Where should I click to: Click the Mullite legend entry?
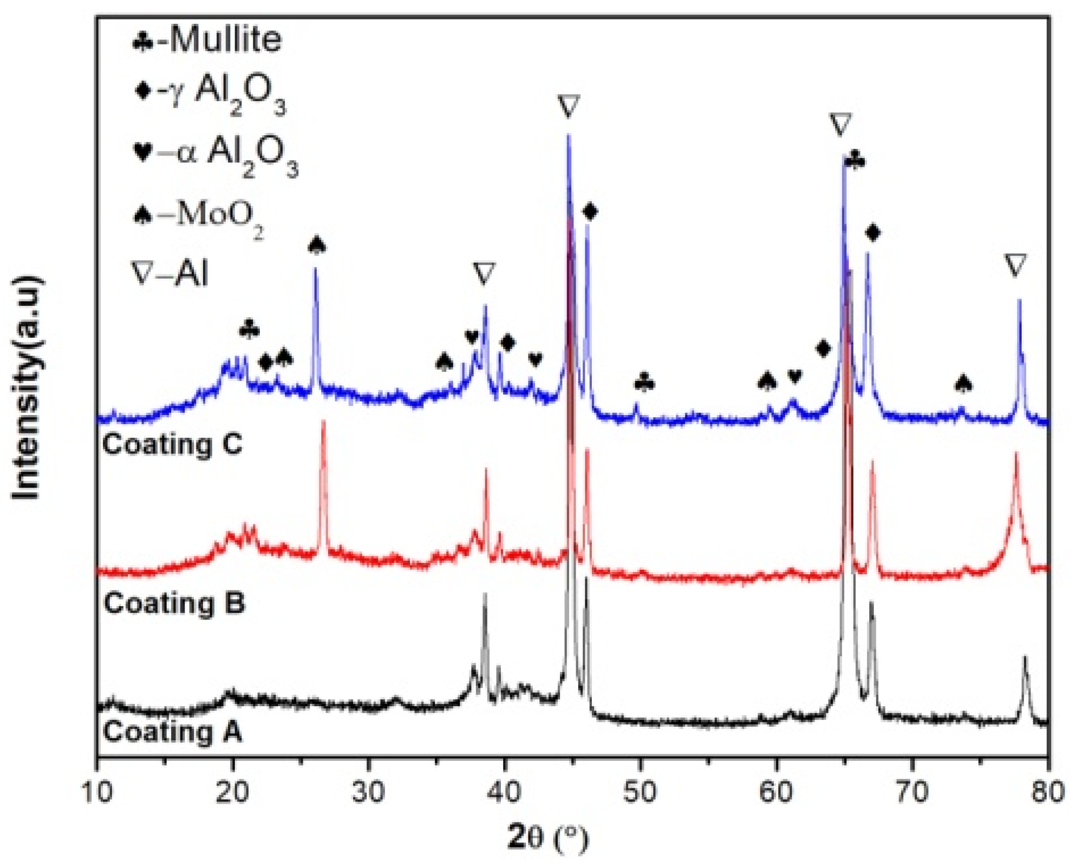point(208,40)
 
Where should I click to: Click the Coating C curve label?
point(172,445)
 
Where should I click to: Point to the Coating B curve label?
point(174,603)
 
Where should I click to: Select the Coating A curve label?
point(172,732)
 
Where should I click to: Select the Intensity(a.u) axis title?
point(27,387)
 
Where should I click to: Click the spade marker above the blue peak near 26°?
point(317,245)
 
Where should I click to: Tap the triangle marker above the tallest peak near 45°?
point(569,106)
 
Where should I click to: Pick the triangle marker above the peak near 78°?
point(1015,266)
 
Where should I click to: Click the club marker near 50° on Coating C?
point(644,383)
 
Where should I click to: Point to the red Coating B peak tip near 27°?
point(324,422)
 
